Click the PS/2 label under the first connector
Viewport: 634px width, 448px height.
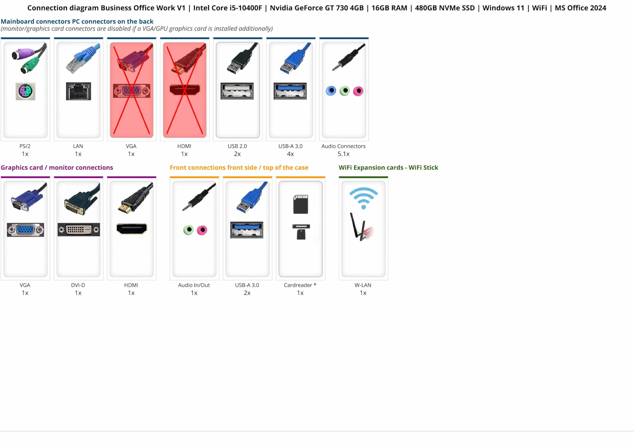pos(25,146)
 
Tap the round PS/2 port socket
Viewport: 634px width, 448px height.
pos(26,91)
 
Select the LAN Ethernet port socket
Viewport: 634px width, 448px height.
pos(78,91)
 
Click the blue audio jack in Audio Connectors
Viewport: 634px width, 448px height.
pos(331,91)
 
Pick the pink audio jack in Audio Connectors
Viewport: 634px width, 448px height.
pos(358,91)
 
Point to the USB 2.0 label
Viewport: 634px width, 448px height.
pos(237,146)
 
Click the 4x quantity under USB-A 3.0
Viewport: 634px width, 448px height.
pos(290,154)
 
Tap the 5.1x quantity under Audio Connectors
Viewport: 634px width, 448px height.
pos(344,154)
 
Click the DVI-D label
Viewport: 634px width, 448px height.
pos(78,285)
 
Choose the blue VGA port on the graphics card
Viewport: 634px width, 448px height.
pos(26,230)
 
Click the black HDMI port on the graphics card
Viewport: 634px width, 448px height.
pos(132,229)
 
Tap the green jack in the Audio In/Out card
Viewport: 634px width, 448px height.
pos(189,230)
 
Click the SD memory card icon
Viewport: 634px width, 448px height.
pos(300,204)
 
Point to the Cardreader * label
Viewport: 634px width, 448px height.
pos(300,285)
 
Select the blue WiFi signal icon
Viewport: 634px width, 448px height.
pos(364,198)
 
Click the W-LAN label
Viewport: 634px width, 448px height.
pos(363,285)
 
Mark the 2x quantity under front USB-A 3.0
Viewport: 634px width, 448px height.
pos(247,293)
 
